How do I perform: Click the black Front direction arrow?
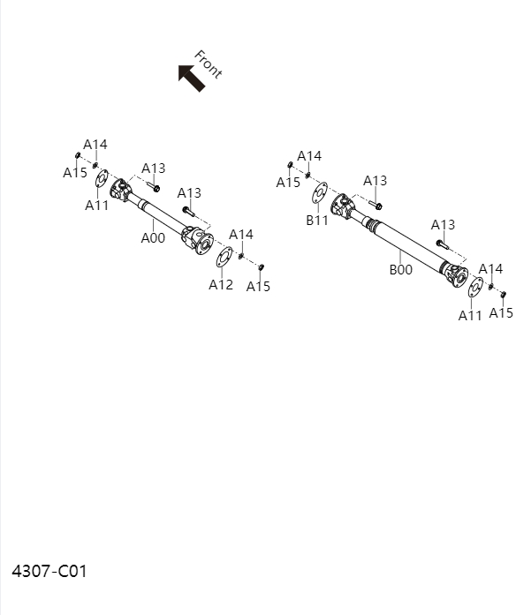[191, 77]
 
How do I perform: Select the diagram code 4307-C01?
[49, 571]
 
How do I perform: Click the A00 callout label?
[153, 237]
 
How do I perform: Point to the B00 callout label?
[401, 270]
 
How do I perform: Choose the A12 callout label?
[221, 284]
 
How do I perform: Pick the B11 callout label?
[317, 221]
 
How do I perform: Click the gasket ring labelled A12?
[224, 257]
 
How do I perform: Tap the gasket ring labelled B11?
[320, 192]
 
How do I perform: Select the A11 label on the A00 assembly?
[97, 206]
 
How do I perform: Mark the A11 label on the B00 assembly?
[470, 315]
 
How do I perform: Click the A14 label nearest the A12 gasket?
[241, 234]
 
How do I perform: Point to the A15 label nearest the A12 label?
[258, 286]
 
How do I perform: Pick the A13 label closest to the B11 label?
[376, 181]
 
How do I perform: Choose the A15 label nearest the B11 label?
[288, 183]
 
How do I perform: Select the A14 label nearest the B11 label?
[309, 156]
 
